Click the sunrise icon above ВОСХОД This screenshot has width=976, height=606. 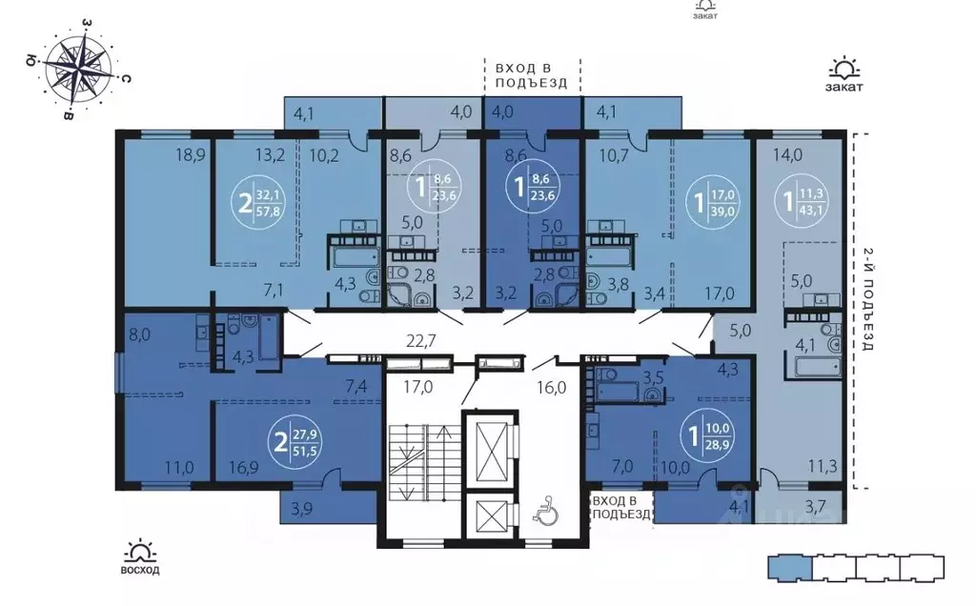pos(141,551)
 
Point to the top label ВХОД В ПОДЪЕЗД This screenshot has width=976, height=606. pos(531,74)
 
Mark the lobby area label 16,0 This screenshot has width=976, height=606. pos(551,387)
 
